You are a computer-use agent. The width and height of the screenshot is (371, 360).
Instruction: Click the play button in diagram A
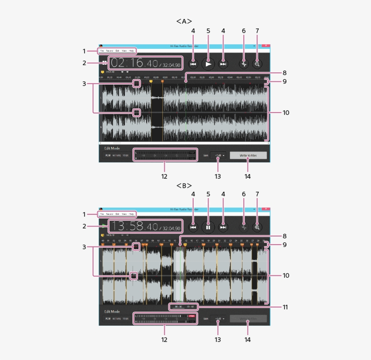pos(208,64)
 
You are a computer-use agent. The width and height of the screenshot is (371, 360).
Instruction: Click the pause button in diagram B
pos(208,227)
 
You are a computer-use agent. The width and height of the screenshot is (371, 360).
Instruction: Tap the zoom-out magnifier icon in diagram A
pos(257,64)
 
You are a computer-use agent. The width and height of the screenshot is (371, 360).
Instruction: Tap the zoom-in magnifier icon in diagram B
pos(257,227)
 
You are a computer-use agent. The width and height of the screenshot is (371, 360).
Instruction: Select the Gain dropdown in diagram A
pos(218,155)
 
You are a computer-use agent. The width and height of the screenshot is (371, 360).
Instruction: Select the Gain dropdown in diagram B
pos(218,318)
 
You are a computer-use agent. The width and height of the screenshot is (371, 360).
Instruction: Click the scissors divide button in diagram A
pos(244,64)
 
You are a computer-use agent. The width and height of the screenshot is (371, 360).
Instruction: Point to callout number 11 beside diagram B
pos(285,307)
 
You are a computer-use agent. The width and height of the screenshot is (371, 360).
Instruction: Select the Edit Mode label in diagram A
pos(113,148)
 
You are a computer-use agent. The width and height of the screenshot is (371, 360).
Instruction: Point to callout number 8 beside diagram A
pos(285,73)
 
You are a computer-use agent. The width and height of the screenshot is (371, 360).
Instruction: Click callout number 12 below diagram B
pos(164,339)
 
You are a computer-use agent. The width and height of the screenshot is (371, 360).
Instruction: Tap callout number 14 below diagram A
pos(247,176)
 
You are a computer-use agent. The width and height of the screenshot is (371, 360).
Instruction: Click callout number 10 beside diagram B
pos(286,275)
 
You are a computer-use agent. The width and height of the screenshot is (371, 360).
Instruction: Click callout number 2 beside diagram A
pos(84,63)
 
